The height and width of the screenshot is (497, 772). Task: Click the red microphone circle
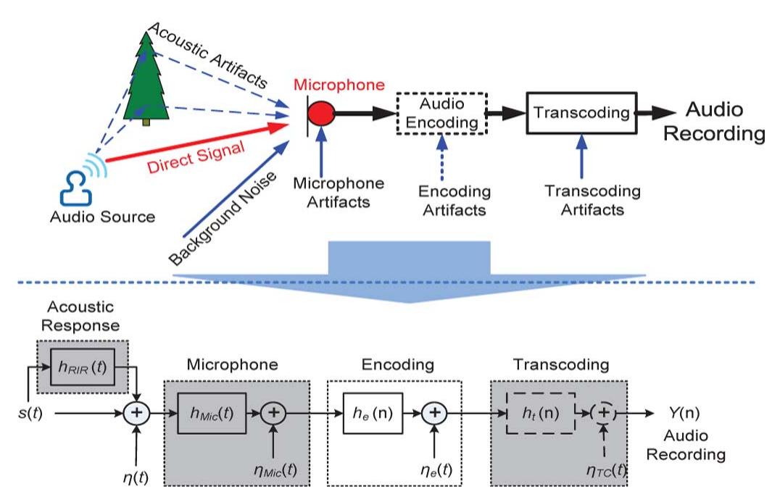coord(321,114)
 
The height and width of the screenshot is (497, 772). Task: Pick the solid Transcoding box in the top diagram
coord(581,113)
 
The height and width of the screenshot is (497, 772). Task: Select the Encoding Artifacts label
coord(455,201)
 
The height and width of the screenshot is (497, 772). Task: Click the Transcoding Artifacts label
coord(592,201)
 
